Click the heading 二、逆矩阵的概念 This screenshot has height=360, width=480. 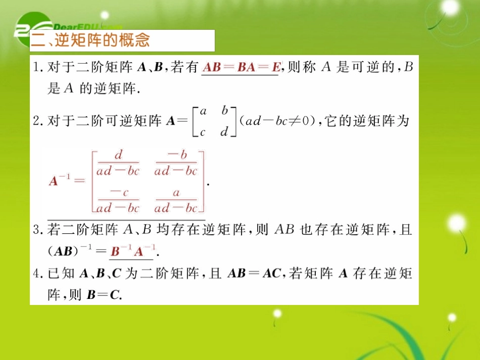(91, 40)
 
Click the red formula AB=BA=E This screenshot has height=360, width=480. (241, 67)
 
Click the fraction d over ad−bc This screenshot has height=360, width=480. (119, 163)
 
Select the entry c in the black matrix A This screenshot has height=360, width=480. (202, 132)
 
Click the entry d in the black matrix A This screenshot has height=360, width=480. (225, 132)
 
